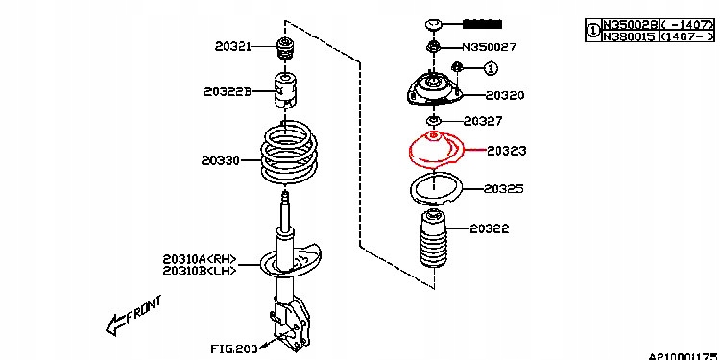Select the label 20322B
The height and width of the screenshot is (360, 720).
(x=227, y=92)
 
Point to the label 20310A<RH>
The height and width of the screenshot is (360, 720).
(x=199, y=257)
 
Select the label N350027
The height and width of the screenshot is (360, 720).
(x=489, y=46)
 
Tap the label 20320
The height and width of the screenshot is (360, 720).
(x=505, y=96)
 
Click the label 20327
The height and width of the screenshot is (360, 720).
(x=483, y=121)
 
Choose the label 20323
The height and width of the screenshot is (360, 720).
(x=506, y=151)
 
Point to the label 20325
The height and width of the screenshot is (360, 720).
(x=504, y=189)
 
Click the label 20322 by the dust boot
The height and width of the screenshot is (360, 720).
(x=490, y=228)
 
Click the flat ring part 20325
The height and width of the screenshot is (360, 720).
(x=434, y=190)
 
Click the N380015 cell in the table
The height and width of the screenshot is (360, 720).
(x=627, y=36)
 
